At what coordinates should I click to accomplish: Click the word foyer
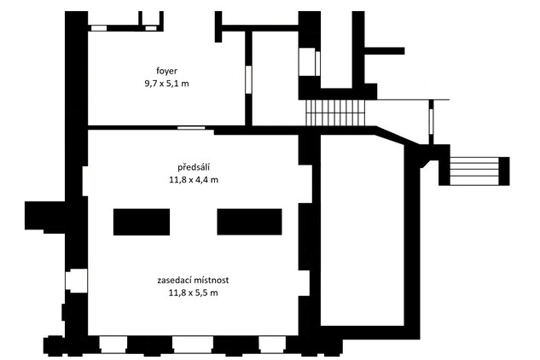pyautogui.click(x=166, y=72)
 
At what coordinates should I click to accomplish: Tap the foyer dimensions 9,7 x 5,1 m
pyautogui.click(x=166, y=84)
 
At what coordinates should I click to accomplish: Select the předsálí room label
pyautogui.click(x=194, y=167)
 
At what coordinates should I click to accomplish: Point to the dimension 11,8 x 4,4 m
pyautogui.click(x=194, y=180)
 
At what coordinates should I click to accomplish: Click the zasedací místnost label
pyautogui.click(x=193, y=280)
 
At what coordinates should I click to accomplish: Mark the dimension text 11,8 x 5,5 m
pyautogui.click(x=193, y=293)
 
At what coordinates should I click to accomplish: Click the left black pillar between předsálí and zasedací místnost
pyautogui.click(x=142, y=222)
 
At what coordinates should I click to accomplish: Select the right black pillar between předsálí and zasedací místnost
pyautogui.click(x=249, y=222)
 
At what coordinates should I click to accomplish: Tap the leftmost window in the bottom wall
pyautogui.click(x=113, y=345)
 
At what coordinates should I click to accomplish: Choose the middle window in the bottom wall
pyautogui.click(x=193, y=345)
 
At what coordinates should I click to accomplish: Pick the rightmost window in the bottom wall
pyautogui.click(x=272, y=345)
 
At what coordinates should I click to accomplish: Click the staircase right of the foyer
pyautogui.click(x=335, y=113)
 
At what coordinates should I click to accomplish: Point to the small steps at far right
pyautogui.click(x=474, y=171)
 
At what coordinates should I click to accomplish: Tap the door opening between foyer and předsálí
pyautogui.click(x=191, y=128)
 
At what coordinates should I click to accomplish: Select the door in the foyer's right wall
pyautogui.click(x=248, y=79)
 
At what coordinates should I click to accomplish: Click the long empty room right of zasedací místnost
pyautogui.click(x=362, y=230)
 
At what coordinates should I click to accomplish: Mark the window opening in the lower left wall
pyautogui.click(x=77, y=281)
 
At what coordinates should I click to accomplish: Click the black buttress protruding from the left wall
pyautogui.click(x=44, y=217)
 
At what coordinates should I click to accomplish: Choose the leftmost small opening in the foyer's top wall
pyautogui.click(x=99, y=28)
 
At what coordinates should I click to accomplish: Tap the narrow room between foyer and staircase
pyautogui.click(x=276, y=78)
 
